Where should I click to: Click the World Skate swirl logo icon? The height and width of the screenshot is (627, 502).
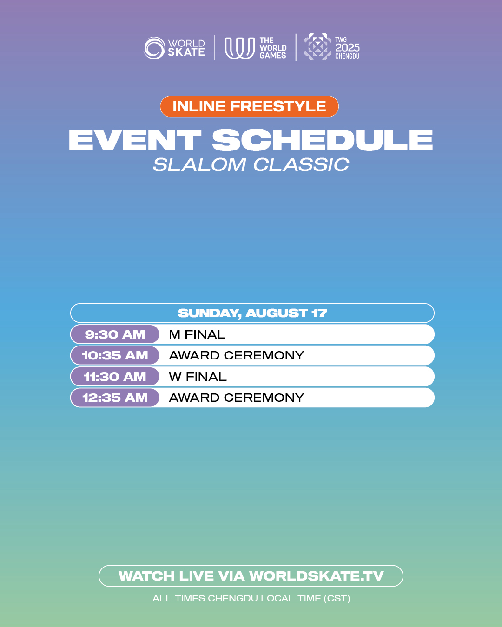pos(155,48)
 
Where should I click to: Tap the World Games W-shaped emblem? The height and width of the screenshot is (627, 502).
pos(239,48)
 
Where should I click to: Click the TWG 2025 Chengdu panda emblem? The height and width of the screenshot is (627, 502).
pos(317,46)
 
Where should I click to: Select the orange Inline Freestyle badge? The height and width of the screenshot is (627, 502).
pos(250,106)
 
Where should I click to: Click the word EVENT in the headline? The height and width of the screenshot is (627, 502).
pos(135,140)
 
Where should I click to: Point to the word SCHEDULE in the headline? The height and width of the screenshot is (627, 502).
pos(322,140)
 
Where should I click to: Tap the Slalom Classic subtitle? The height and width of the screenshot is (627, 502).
pos(251,164)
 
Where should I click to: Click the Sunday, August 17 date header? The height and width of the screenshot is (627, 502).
pos(252,313)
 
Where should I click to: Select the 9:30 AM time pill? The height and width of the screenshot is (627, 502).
pos(115,334)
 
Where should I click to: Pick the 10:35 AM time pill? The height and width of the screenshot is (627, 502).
pos(115,355)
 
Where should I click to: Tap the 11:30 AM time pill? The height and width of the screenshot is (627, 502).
pos(115,377)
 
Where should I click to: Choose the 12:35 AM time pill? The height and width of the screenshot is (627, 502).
pos(115,398)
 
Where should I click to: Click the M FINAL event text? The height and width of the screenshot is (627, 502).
pos(197,334)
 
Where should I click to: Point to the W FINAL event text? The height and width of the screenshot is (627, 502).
pos(198,377)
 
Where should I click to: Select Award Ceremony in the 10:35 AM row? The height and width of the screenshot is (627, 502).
pos(237,355)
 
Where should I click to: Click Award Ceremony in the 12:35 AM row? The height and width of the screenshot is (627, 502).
pos(237,398)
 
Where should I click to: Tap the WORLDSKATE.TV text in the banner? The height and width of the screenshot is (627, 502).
pos(317,576)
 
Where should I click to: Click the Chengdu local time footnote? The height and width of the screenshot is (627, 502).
pos(251,598)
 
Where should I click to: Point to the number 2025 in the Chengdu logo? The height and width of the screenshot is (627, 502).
pos(347,48)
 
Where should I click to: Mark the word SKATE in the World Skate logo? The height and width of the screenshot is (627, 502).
pos(186,52)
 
